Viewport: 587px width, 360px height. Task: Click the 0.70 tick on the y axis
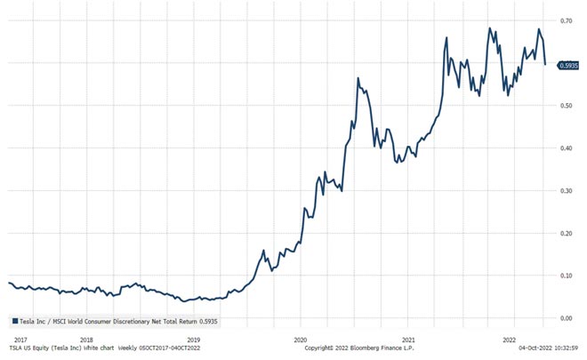tap(566, 20)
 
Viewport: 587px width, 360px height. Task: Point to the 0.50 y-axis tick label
tap(566, 106)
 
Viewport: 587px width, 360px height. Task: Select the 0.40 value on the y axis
tap(566, 148)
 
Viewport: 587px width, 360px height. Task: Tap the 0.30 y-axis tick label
tap(566, 191)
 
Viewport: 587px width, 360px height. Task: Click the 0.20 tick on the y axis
tap(566, 233)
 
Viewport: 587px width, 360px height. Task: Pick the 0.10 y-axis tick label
tap(566, 276)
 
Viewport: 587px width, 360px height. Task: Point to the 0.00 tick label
tap(566, 317)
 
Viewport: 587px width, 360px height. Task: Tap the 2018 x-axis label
tap(86, 340)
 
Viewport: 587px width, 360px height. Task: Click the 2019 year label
tap(194, 340)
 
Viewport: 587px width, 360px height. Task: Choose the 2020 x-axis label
tap(301, 340)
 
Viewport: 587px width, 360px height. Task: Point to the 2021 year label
tap(408, 340)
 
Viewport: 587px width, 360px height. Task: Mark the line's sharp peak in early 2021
tap(358, 79)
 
